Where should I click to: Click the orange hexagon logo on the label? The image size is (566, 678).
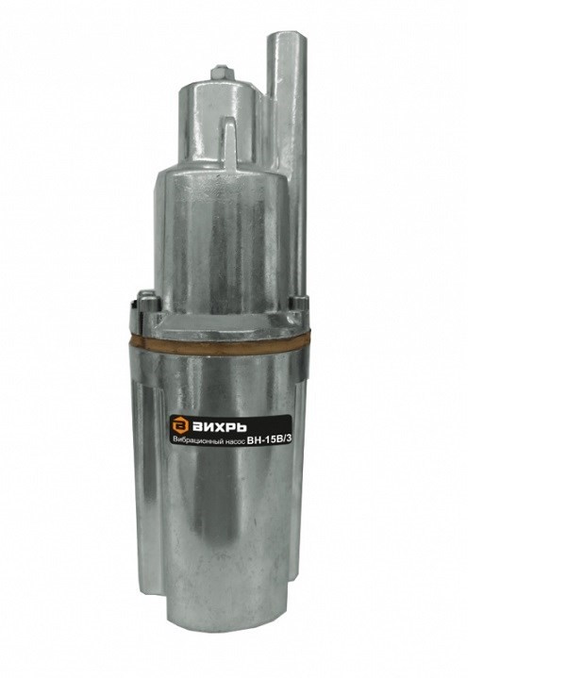tap(178, 426)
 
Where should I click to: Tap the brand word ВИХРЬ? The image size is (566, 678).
tap(219, 427)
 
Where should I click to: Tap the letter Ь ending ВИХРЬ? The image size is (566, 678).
tap(241, 427)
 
